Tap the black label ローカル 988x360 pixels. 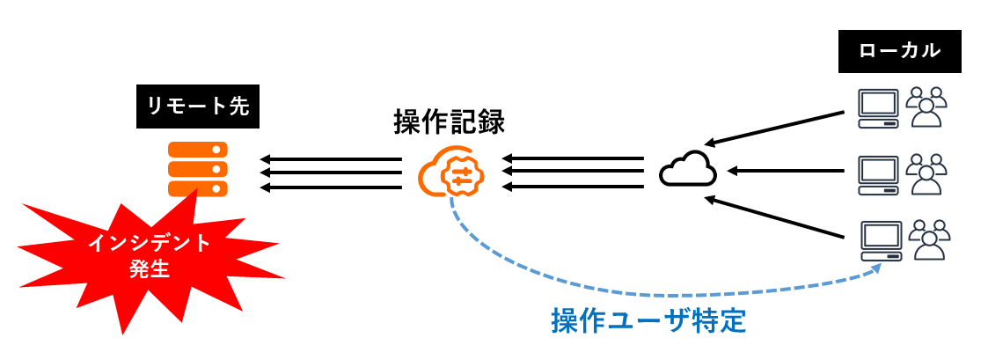click(899, 51)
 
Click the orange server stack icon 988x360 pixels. click(198, 169)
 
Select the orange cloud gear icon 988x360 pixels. click(450, 172)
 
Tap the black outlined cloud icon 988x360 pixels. click(688, 170)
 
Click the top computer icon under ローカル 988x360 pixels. click(878, 105)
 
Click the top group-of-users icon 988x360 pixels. click(926, 106)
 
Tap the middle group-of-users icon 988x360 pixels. click(926, 173)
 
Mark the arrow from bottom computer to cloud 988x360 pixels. click(779, 217)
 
